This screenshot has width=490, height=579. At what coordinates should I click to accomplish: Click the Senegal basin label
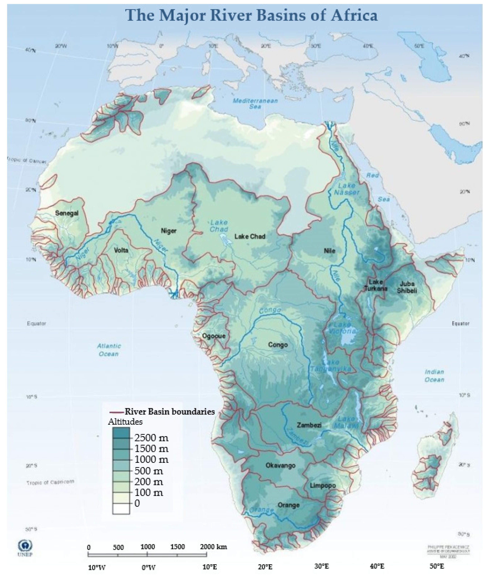(67, 213)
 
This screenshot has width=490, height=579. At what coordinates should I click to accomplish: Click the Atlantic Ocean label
(109, 350)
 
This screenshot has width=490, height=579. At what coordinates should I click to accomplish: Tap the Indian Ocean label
(434, 376)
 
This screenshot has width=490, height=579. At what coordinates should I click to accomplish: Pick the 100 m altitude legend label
(149, 493)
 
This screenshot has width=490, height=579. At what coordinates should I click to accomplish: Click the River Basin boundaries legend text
(169, 411)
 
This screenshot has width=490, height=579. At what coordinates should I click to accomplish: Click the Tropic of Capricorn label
(50, 482)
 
